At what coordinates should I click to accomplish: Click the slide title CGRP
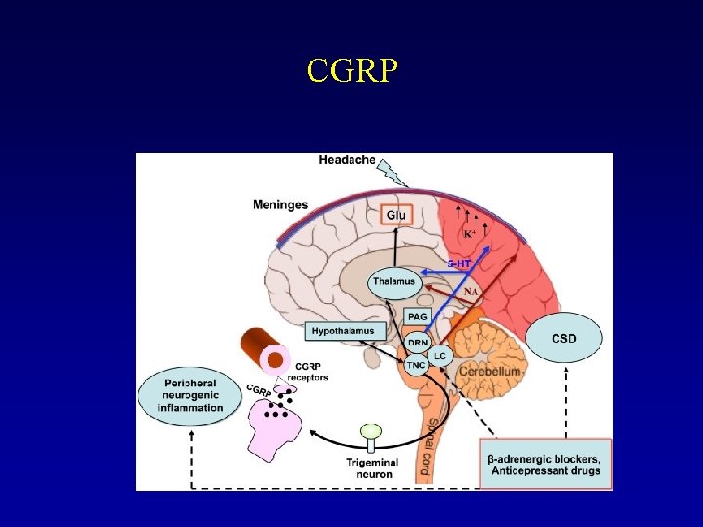(351, 70)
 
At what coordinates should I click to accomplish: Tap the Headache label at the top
(347, 160)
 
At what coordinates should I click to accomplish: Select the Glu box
(395, 214)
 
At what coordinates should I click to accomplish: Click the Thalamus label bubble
(393, 281)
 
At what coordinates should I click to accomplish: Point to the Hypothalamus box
(344, 331)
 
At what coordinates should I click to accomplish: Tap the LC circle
(440, 355)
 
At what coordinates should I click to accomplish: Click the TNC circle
(416, 367)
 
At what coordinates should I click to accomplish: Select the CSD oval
(563, 338)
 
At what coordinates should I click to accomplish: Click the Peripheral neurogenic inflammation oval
(191, 394)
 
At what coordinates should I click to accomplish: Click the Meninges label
(280, 204)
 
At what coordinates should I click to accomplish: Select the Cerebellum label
(489, 372)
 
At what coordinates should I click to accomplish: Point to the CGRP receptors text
(308, 371)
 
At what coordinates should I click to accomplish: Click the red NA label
(471, 291)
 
